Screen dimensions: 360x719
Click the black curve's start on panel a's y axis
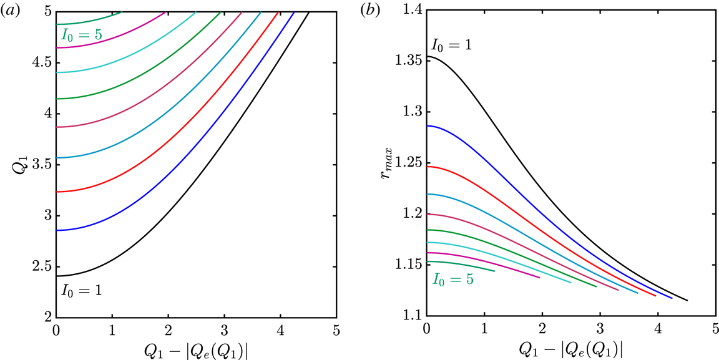pos(57,276)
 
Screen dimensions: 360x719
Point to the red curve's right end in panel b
pos(655,296)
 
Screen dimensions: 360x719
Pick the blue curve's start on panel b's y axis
pos(427,126)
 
